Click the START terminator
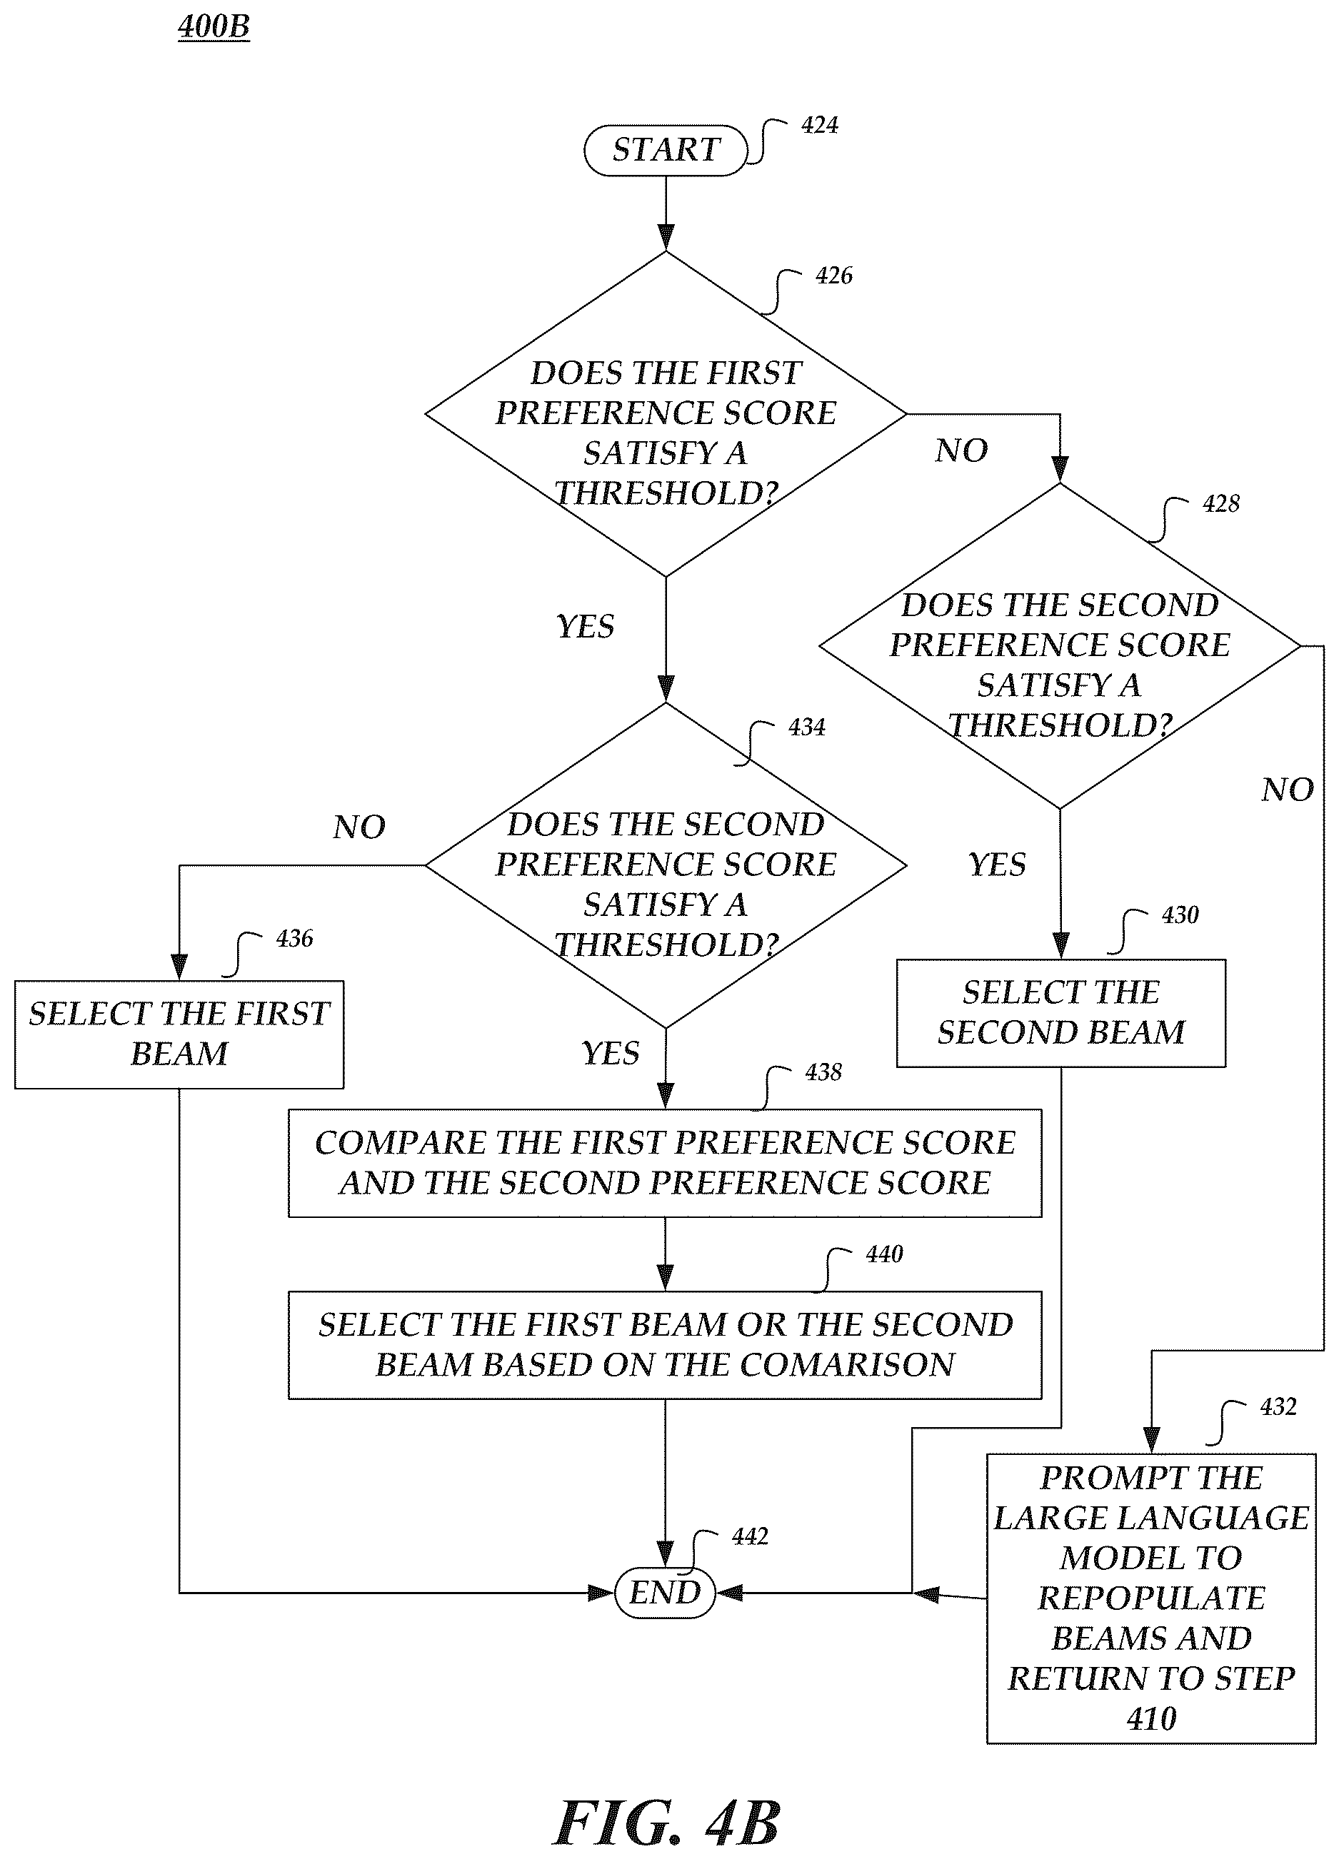666,150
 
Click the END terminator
665,1593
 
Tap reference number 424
820,126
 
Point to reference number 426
834,276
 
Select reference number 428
1221,503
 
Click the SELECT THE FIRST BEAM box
179,1034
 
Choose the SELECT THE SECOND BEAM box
1061,1013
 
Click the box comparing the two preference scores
665,1163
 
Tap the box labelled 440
665,1345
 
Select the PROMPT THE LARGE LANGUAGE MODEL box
1151,1598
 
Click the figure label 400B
214,27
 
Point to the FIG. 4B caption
666,1824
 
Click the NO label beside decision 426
961,450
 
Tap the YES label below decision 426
586,627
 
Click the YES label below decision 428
997,865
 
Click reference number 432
1278,1406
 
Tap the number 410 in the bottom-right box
1151,1719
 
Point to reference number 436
294,939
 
